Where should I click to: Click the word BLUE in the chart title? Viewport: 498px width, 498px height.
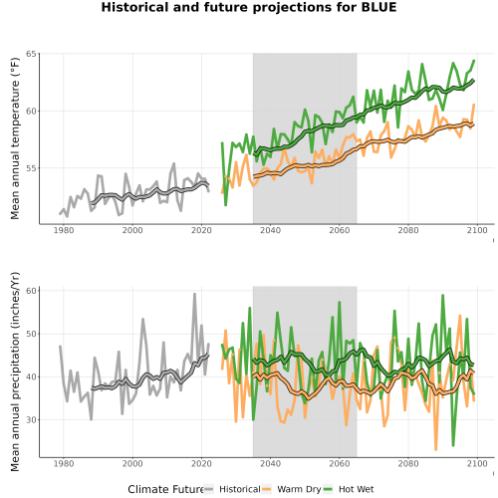click(378, 7)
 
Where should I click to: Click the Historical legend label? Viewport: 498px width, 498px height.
click(240, 489)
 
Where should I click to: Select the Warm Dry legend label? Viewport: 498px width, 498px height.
click(299, 489)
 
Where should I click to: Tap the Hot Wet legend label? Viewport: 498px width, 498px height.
click(356, 489)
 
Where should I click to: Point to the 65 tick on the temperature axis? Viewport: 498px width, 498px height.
click(31, 54)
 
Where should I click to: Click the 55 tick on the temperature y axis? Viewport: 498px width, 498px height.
click(31, 168)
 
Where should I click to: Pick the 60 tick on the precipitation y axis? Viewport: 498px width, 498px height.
click(31, 291)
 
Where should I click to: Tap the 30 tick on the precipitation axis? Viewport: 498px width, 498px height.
click(31, 419)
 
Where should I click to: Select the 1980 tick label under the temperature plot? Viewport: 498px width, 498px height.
click(64, 230)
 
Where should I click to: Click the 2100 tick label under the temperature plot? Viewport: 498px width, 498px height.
click(477, 230)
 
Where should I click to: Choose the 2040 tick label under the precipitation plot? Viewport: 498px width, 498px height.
click(270, 463)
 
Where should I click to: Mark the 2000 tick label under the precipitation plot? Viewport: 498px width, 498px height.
click(132, 463)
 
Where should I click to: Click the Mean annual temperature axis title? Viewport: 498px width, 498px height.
click(15, 138)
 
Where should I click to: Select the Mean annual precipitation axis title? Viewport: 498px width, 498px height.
click(15, 372)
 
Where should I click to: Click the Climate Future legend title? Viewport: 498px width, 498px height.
click(165, 489)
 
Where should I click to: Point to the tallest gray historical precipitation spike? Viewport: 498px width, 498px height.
click(194, 294)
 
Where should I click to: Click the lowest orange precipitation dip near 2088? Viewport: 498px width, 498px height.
click(436, 449)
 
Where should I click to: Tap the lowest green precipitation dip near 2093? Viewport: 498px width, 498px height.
click(453, 445)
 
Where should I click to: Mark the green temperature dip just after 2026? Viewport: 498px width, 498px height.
click(226, 205)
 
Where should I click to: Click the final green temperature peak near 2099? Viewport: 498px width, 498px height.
click(474, 61)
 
